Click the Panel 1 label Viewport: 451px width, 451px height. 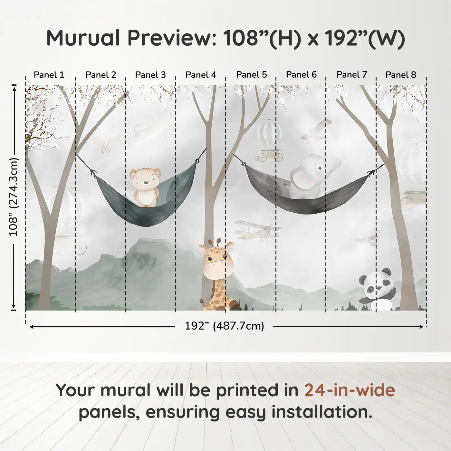pos(49,75)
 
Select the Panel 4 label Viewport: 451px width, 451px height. pos(201,75)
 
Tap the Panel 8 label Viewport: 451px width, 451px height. pos(401,75)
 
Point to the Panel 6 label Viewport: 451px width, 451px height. pos(301,75)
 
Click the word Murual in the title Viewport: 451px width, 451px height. pos(83,38)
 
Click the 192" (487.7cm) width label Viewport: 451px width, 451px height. pos(225,326)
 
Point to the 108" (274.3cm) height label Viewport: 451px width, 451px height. pos(13,197)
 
